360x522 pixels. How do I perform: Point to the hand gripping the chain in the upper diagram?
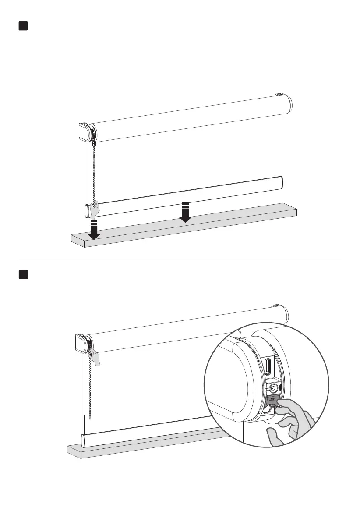click(94, 210)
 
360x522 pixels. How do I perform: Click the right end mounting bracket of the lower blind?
click(275, 306)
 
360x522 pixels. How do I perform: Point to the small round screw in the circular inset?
click(274, 387)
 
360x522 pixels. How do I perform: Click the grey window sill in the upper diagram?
click(184, 228)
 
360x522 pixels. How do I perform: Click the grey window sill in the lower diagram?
click(145, 446)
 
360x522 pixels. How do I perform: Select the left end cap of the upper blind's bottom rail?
click(87, 211)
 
